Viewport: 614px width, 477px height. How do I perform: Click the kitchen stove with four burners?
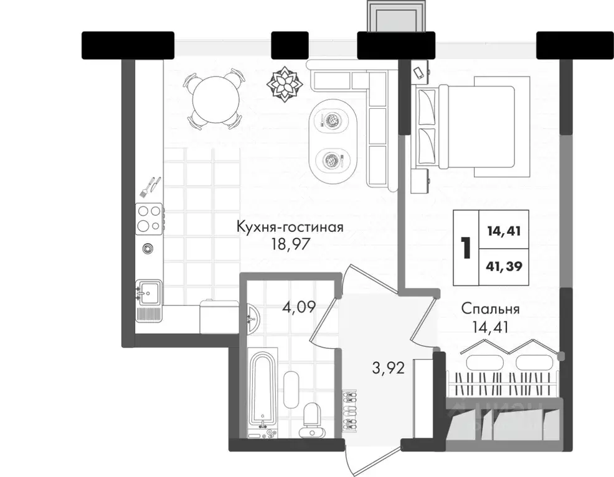(149, 218)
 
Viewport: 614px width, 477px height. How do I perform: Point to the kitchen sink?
(148, 292)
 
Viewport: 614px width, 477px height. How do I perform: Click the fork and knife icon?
(150, 185)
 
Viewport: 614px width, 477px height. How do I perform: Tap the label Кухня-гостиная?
(290, 227)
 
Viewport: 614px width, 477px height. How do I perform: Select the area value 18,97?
(290, 243)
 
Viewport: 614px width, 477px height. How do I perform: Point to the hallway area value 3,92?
(389, 368)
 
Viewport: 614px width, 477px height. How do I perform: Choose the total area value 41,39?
(504, 267)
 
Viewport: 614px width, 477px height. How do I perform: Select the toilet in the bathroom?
(309, 419)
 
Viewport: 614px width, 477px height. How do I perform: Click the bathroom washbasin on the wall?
(252, 319)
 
